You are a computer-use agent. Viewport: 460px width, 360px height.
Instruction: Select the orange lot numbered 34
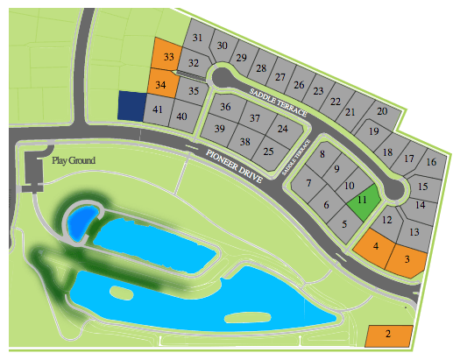(161, 85)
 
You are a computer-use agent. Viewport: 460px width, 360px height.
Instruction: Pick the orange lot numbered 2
(388, 335)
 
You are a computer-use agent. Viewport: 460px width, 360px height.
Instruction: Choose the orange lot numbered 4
(375, 245)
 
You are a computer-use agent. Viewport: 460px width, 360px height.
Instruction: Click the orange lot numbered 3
(407, 258)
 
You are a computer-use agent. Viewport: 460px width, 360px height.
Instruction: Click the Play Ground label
(74, 160)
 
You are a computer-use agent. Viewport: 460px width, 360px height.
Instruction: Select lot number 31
(197, 38)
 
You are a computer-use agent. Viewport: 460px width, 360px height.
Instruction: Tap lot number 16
(430, 162)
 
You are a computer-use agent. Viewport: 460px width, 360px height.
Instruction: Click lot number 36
(225, 107)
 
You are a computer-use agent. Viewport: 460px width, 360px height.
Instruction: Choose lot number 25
(268, 152)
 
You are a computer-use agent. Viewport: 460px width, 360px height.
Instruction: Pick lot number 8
(322, 155)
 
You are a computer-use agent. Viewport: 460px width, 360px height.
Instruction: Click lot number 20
(381, 111)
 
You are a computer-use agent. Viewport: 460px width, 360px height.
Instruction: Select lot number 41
(158, 110)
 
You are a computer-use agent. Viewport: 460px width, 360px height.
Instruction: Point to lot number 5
(344, 223)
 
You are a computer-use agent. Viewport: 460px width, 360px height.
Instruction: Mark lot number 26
(300, 84)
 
